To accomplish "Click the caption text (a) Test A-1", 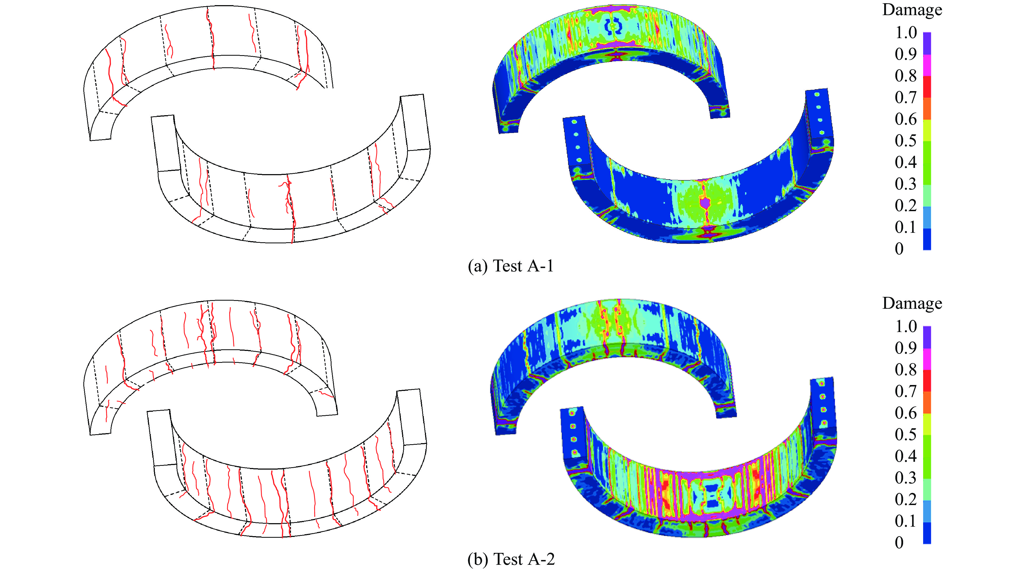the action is point(511,266).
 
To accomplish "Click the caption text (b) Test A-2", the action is point(511,559).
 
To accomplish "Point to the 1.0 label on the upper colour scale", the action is point(906,32).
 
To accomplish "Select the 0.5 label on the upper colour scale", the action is point(906,141).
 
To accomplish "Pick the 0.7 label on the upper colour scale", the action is point(906,97).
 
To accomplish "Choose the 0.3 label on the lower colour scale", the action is point(906,477).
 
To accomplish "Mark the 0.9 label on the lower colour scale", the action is point(906,348).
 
